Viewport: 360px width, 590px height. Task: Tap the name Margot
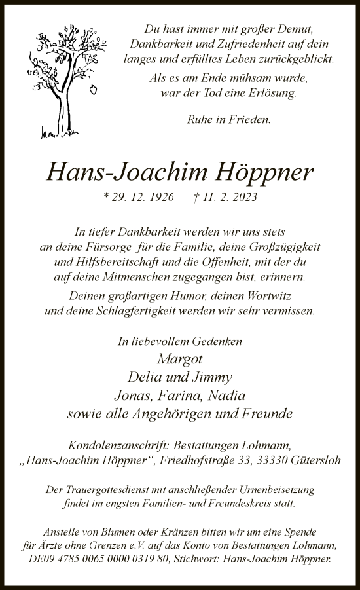[180, 358]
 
